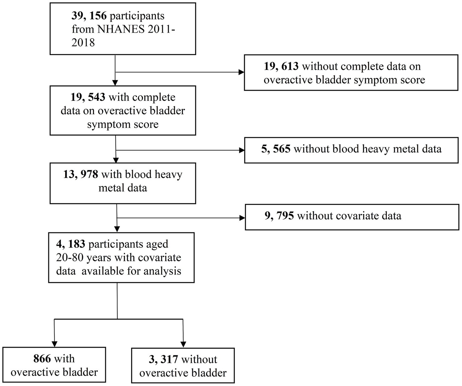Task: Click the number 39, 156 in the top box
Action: [x=89, y=16]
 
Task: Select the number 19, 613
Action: [x=281, y=66]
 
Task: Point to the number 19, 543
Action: [x=88, y=97]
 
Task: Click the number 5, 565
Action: [x=276, y=149]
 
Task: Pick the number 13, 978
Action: [x=80, y=174]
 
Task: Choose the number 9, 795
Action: [x=279, y=216]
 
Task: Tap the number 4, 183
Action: [x=71, y=244]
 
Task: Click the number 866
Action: [x=42, y=358]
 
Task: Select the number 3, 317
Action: [x=163, y=359]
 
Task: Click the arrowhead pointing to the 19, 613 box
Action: [x=241, y=72]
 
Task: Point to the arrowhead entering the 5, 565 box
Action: [x=241, y=150]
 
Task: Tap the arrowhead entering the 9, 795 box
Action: [x=242, y=218]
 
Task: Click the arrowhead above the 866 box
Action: [x=54, y=344]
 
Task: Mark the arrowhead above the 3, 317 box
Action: [x=183, y=344]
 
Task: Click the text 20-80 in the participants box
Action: [x=69, y=257]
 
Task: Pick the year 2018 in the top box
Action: [x=83, y=42]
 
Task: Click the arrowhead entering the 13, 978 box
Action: [x=116, y=160]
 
